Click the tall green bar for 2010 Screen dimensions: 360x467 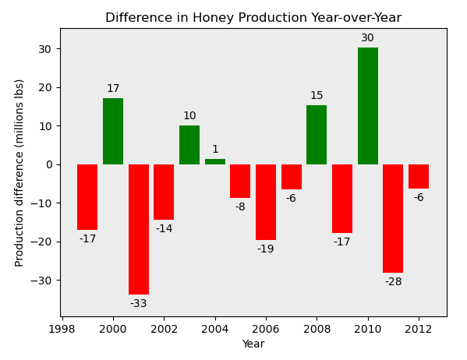(367, 106)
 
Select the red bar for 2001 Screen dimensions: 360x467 (139, 229)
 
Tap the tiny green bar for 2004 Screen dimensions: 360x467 (215, 162)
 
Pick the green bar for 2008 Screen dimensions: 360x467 (317, 135)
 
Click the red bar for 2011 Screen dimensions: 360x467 (393, 218)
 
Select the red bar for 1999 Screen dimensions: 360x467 (87, 197)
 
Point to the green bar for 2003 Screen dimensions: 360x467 (189, 145)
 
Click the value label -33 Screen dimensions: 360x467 (139, 304)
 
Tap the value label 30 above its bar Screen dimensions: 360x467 (367, 38)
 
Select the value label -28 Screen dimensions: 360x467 (393, 282)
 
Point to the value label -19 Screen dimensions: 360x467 (266, 249)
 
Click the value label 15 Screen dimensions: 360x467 (317, 96)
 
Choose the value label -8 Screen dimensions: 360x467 (240, 207)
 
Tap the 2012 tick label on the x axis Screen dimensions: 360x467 (419, 329)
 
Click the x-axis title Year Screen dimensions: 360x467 (253, 344)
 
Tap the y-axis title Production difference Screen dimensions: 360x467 (19, 172)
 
